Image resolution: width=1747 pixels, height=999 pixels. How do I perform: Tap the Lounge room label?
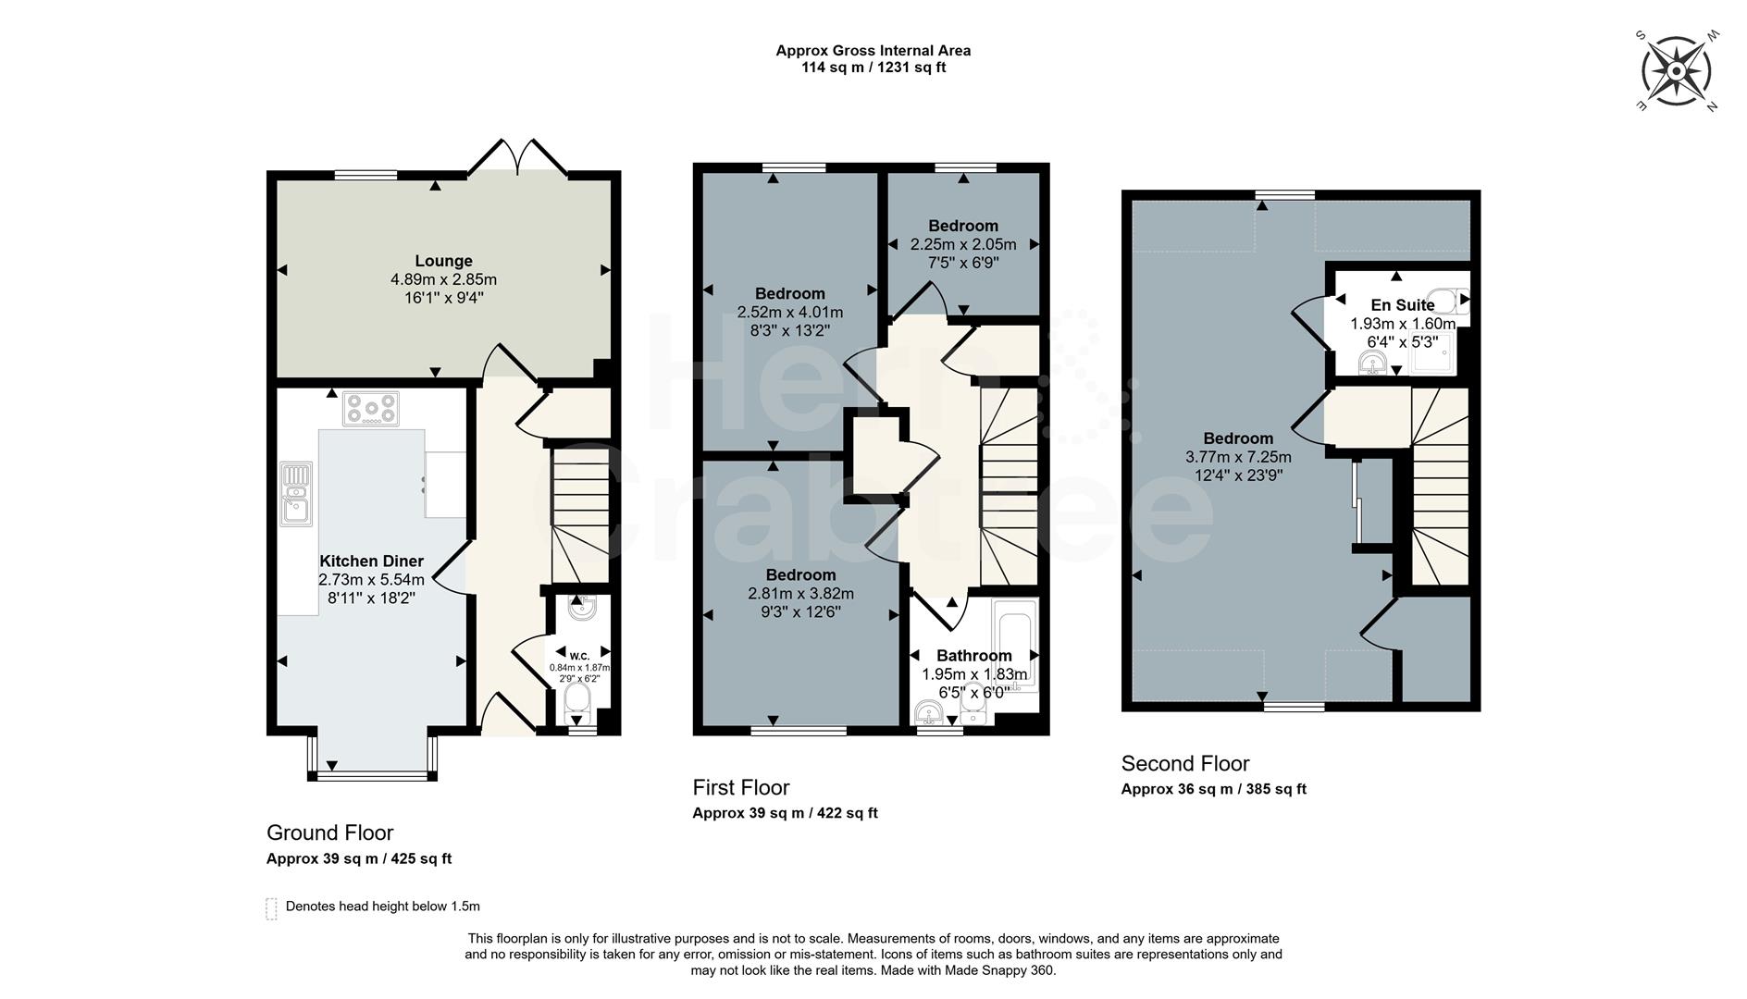[443, 261]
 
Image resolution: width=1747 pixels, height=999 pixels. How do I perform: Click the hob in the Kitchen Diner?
[371, 408]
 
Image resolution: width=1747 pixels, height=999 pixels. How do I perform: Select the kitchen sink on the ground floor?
[296, 493]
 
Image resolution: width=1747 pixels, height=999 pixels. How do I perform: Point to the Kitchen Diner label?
[371, 561]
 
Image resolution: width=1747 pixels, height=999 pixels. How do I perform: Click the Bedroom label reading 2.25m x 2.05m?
[962, 226]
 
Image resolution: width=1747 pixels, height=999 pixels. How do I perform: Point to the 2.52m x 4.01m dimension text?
[789, 313]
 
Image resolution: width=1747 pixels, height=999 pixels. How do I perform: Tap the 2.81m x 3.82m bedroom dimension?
[800, 594]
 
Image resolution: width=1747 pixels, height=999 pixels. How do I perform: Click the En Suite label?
[1402, 304]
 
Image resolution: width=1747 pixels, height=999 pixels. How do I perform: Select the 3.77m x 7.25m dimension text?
[1238, 457]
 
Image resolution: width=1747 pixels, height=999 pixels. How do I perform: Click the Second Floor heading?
[1184, 763]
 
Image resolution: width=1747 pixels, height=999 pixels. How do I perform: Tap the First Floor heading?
[740, 787]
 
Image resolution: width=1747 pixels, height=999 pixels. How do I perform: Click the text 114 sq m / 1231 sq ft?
[873, 68]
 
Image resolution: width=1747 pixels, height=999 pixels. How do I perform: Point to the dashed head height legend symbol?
[271, 908]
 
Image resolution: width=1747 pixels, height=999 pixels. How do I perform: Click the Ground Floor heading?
[329, 832]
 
